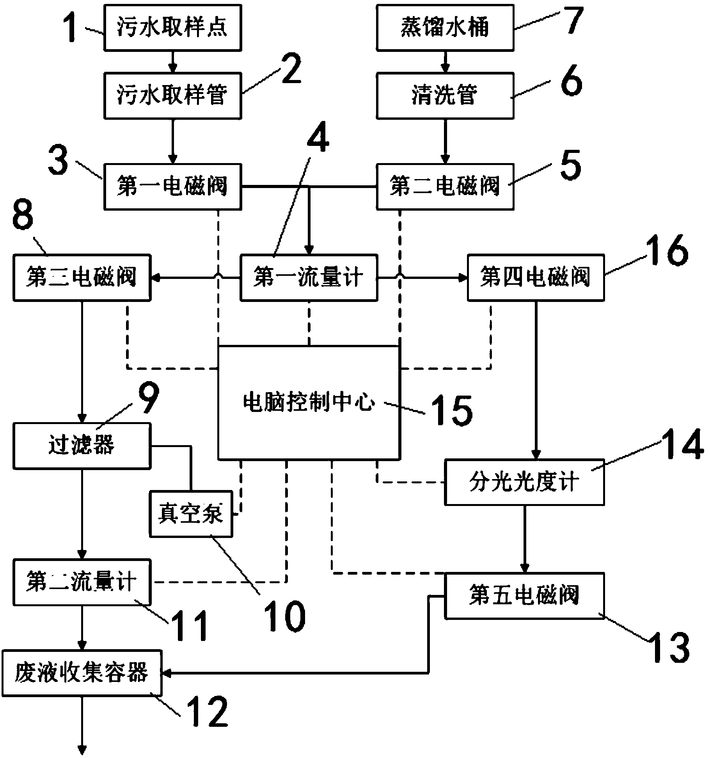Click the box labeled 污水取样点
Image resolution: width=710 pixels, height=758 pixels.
coord(172,28)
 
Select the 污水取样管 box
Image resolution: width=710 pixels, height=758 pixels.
coord(172,96)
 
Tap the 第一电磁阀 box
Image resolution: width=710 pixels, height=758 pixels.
coord(172,186)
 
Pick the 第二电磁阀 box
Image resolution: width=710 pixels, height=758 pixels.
coord(445,186)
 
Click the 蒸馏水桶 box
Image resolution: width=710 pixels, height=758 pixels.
coord(445,28)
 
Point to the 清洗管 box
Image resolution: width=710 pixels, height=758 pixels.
coord(445,96)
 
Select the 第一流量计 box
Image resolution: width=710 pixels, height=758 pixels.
coord(309,278)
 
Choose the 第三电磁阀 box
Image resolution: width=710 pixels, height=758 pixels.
coord(82,278)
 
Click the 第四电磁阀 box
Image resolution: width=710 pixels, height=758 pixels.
coord(536,278)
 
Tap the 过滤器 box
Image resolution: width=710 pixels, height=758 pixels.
coord(82,446)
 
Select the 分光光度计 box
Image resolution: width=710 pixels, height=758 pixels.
coord(525,483)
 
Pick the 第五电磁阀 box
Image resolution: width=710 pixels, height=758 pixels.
coord(525,596)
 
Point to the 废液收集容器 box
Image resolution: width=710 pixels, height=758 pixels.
coord(82,673)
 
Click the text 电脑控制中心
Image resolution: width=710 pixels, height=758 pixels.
coord(309,402)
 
